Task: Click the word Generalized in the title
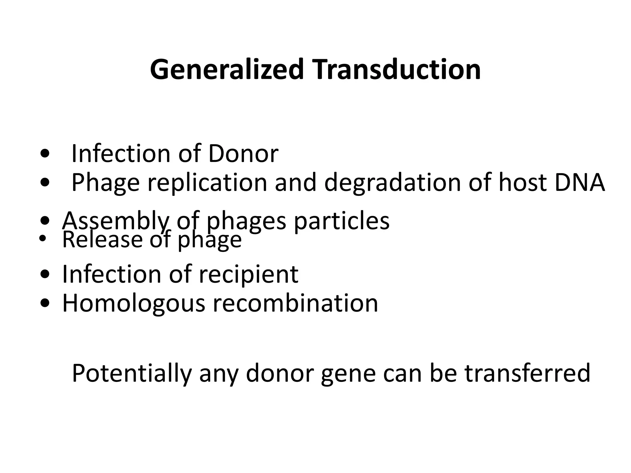pyautogui.click(x=227, y=70)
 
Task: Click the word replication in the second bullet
pyautogui.click(x=207, y=182)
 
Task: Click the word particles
pyautogui.click(x=342, y=221)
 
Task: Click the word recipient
pyautogui.click(x=248, y=274)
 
